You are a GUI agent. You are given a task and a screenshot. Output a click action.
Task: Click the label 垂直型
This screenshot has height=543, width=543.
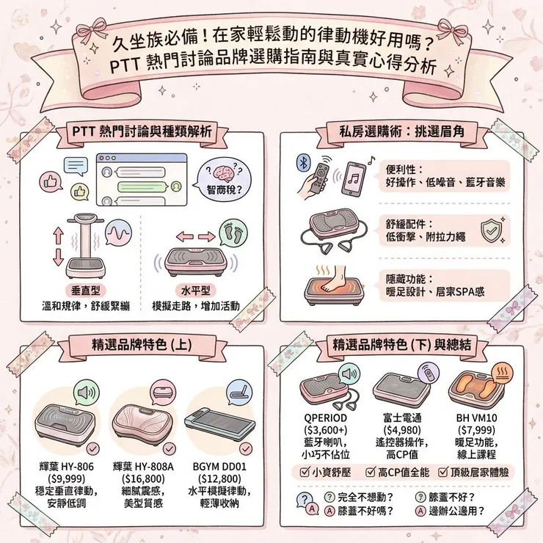[85, 291]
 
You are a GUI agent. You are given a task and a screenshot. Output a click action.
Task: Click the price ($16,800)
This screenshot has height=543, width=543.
[143, 478]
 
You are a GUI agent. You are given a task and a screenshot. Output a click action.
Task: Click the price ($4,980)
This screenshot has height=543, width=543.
[402, 430]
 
